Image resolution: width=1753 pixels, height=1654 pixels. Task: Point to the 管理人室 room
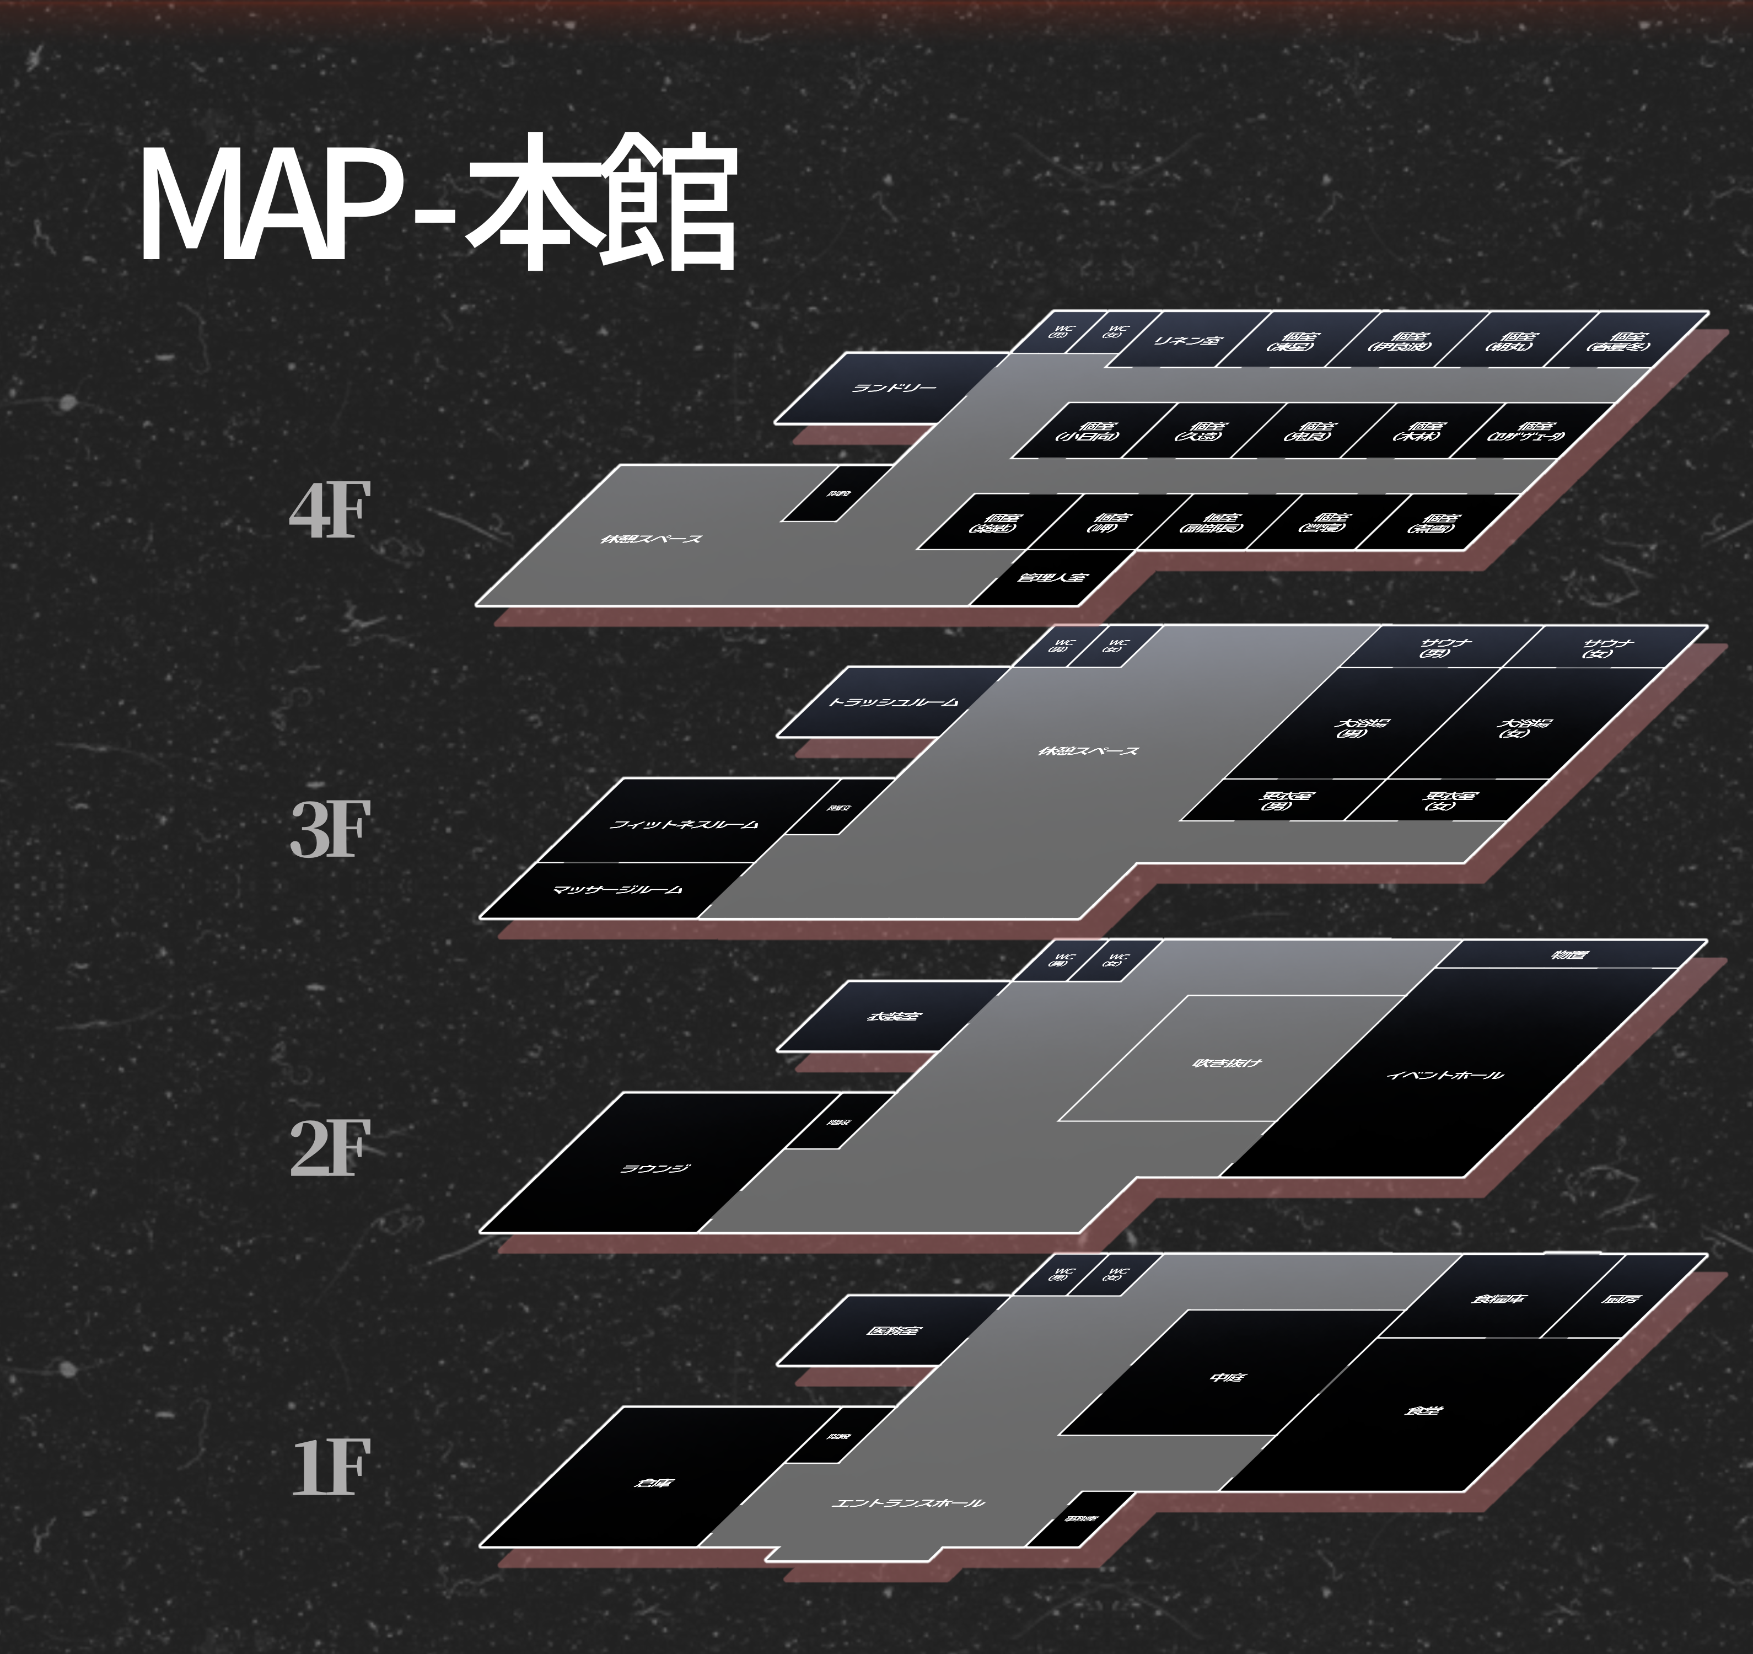(x=1053, y=578)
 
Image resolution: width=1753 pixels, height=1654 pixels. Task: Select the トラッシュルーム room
(x=893, y=702)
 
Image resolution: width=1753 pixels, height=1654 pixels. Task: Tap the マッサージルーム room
(x=617, y=889)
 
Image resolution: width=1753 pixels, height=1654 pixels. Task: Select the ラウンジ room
(x=655, y=1169)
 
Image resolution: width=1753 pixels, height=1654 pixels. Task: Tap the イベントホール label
(x=1444, y=1075)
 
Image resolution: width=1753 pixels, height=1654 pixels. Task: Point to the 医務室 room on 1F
(x=892, y=1330)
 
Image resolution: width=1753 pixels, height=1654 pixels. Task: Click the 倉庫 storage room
(x=653, y=1483)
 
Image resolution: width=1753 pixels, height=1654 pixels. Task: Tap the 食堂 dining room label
(x=1423, y=1410)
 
